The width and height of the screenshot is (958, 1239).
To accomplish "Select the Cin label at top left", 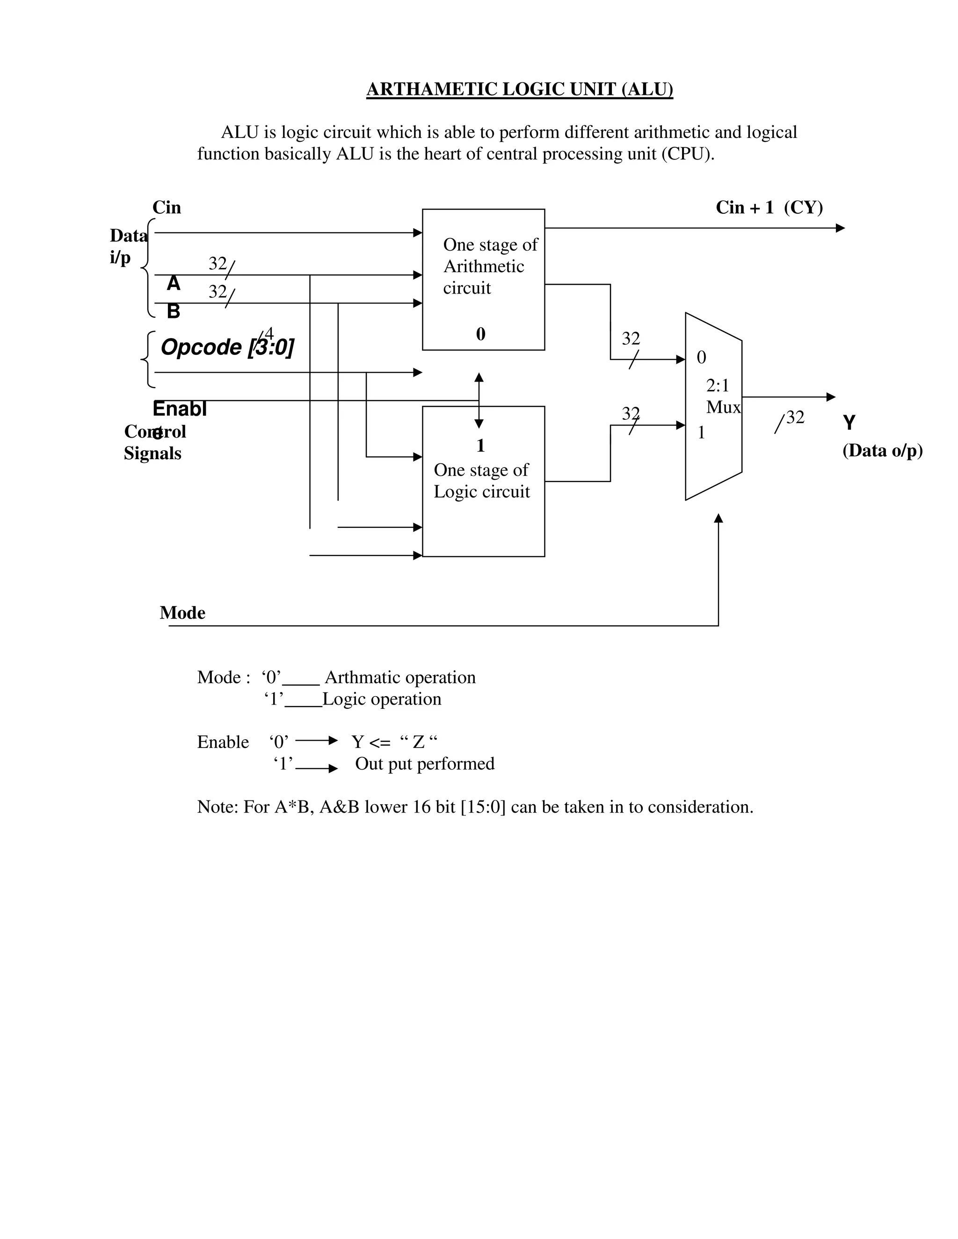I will (x=166, y=208).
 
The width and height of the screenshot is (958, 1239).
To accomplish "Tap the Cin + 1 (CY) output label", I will (x=769, y=208).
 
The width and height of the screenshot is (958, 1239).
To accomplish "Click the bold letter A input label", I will (x=174, y=283).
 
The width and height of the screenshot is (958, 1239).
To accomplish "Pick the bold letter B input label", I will (x=174, y=311).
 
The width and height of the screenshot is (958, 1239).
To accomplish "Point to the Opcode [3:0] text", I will (x=227, y=346).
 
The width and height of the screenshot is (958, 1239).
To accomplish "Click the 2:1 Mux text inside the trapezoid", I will (x=722, y=396).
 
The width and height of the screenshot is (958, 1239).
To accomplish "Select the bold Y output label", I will (x=849, y=423).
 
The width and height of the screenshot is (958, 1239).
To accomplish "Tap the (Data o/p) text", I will (x=883, y=450).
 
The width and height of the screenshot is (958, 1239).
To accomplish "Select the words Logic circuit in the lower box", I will (x=481, y=491).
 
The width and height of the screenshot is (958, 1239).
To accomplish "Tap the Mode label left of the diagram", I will (x=182, y=612).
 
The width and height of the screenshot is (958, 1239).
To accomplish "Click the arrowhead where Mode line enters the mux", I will (x=718, y=518).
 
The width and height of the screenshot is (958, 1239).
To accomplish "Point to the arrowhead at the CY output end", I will (x=841, y=228).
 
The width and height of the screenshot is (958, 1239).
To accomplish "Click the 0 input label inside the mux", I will (x=702, y=357).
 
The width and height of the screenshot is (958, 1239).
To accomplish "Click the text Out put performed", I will (x=425, y=764).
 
